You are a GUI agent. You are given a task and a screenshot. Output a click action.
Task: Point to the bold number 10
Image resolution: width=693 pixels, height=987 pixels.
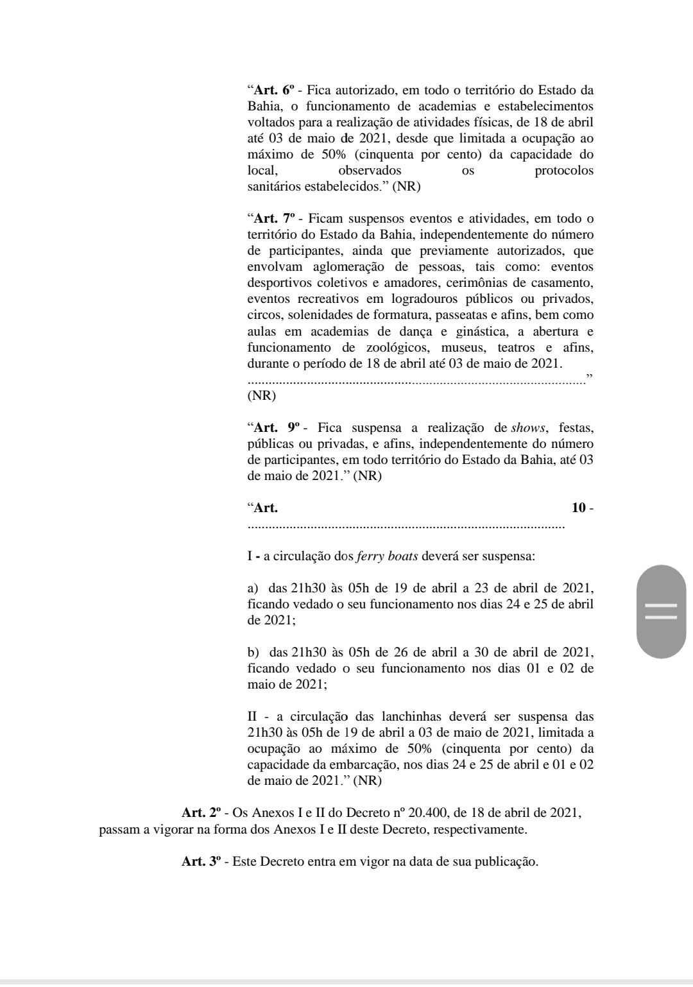coord(578,508)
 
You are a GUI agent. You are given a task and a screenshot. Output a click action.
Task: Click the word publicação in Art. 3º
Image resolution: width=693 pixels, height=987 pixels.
coord(504,861)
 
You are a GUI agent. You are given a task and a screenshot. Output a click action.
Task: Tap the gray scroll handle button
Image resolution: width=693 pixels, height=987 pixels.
coord(661,612)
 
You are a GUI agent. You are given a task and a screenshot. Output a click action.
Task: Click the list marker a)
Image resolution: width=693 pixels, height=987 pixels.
coord(253,588)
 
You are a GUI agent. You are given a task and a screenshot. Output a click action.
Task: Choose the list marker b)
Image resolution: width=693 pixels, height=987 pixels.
coord(253,652)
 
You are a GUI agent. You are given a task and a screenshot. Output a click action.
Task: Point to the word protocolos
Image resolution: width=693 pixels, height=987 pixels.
coord(563,170)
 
